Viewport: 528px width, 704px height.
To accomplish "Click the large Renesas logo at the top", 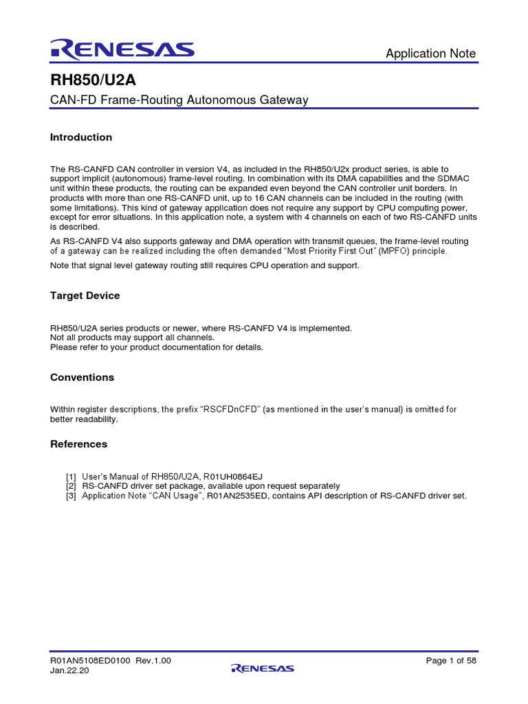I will tap(122, 49).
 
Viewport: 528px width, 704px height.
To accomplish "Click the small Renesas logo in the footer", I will tap(263, 668).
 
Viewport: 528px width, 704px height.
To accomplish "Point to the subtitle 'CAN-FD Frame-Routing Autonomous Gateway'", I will tap(179, 100).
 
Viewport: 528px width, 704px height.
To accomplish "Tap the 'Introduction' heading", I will tap(81, 137).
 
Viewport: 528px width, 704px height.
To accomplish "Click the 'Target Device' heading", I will tap(85, 296).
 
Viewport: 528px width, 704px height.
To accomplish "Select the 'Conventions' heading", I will tap(82, 377).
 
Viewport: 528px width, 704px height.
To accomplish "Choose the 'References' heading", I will tap(78, 444).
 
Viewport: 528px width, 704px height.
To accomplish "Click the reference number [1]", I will tap(71, 476).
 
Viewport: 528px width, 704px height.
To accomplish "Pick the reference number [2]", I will tap(71, 486).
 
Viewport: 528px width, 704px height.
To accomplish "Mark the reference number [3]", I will tap(71, 496).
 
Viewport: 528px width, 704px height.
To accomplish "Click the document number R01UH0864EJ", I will tap(234, 476).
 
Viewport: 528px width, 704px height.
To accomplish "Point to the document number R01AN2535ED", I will tap(237, 496).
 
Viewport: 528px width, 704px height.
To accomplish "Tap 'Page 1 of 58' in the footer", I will tap(451, 661).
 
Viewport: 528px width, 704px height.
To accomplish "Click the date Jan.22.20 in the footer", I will tap(69, 671).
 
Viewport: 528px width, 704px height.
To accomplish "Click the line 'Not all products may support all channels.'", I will tap(132, 338).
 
